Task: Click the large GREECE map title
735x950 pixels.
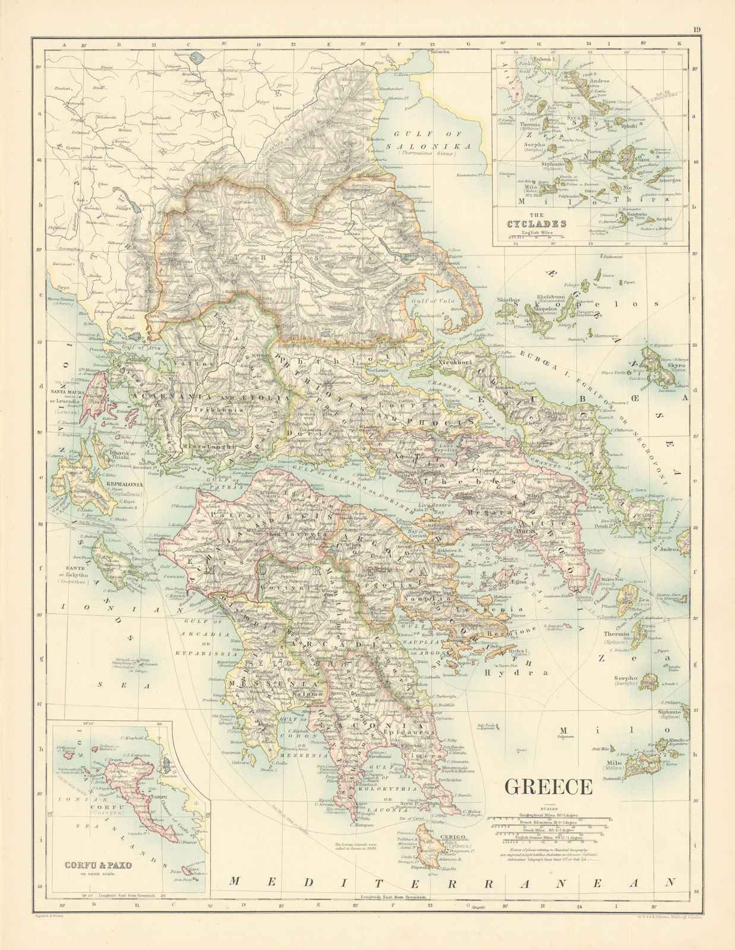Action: [548, 786]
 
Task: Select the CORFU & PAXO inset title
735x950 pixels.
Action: [98, 865]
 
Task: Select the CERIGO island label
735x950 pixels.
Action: [450, 838]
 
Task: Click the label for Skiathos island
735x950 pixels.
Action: [508, 300]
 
